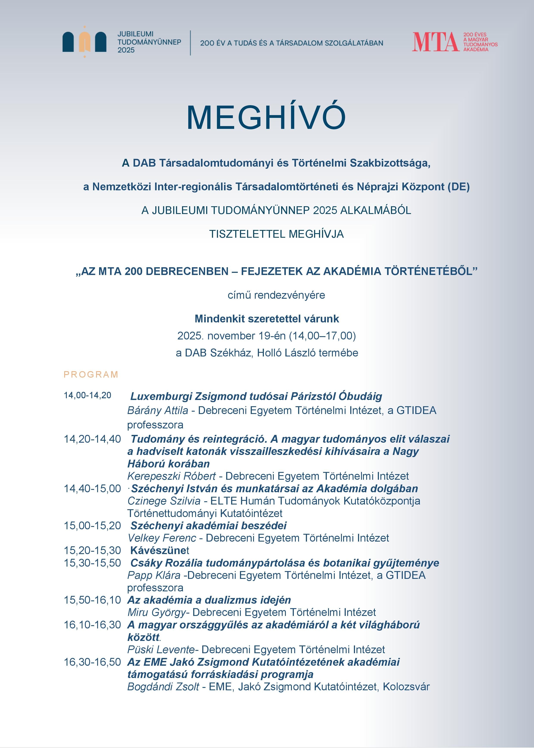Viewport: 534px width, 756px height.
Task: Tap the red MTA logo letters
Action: point(435,42)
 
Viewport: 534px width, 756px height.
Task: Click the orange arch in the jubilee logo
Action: point(85,42)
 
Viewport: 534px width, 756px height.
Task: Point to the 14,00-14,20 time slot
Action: point(87,395)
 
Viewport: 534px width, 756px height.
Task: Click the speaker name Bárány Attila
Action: point(158,410)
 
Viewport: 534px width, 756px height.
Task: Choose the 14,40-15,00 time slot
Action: point(92,488)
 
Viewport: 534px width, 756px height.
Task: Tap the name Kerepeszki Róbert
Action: point(171,476)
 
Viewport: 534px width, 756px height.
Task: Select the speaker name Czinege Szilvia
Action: point(164,501)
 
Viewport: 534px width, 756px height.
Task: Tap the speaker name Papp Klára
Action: point(154,575)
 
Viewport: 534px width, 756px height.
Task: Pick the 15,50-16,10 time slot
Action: point(92,600)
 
